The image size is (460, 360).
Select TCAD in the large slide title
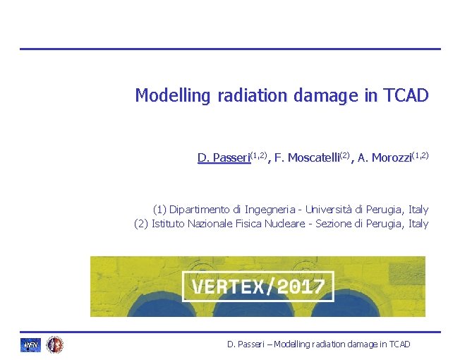(x=406, y=95)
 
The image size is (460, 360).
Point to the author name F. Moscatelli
(x=306, y=157)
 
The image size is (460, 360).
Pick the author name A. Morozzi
(x=387, y=157)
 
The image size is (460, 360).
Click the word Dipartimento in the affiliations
(x=201, y=209)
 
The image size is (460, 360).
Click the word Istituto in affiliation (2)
(x=168, y=224)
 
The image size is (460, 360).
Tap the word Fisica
(x=249, y=224)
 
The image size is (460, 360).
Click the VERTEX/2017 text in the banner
(x=258, y=287)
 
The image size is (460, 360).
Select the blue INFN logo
(x=30, y=344)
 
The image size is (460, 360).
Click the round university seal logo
(x=54, y=344)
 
